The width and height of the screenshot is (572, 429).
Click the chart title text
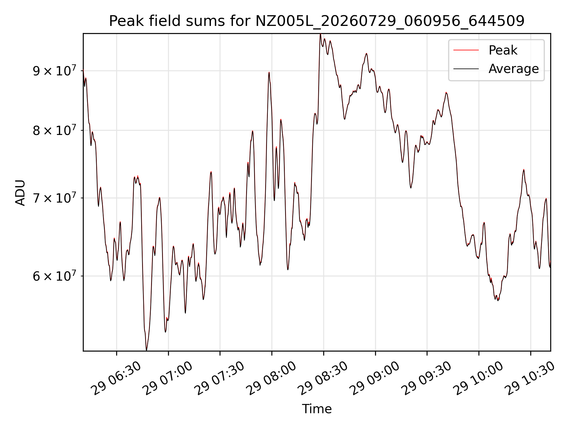click(317, 21)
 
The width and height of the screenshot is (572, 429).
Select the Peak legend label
click(503, 50)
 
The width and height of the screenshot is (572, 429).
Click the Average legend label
click(514, 69)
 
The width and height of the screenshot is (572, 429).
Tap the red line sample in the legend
click(466, 50)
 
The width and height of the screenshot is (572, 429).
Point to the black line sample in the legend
click(466, 69)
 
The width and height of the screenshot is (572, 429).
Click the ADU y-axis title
click(20, 192)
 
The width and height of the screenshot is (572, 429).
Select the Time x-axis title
click(317, 409)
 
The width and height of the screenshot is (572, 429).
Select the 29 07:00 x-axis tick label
click(168, 378)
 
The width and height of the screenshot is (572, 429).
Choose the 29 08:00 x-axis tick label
click(272, 378)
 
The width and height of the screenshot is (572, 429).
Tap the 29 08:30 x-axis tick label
click(324, 378)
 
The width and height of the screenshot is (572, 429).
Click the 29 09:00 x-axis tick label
click(375, 378)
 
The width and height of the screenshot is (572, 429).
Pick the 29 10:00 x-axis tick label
click(479, 378)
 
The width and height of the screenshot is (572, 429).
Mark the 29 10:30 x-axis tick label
click(531, 378)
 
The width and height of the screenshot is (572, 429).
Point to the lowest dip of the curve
click(146, 350)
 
